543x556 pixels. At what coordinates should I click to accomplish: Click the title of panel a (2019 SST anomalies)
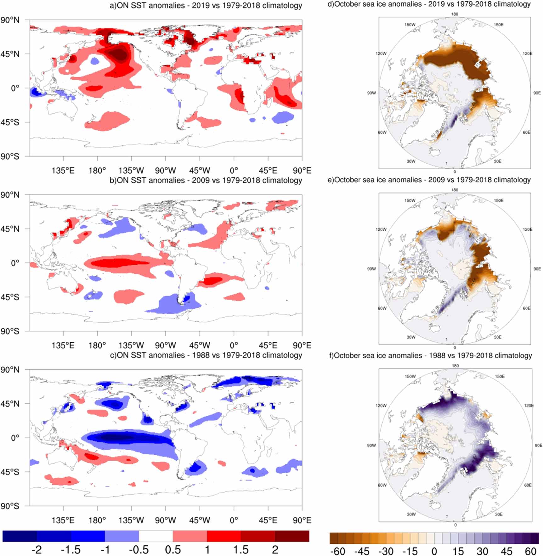point(206,5)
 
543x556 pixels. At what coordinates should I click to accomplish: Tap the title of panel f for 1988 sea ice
point(430,355)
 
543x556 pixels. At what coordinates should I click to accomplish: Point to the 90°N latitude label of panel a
point(10,20)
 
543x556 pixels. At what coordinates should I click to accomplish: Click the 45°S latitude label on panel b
point(10,297)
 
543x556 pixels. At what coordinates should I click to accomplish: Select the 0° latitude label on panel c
point(15,437)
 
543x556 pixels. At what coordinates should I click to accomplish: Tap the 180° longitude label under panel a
point(97,171)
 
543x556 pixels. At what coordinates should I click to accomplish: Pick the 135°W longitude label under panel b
point(131,345)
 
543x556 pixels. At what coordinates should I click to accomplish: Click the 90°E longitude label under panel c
point(302,520)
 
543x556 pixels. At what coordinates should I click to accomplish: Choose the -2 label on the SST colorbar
point(37,550)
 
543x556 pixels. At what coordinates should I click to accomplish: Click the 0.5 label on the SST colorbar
point(173,550)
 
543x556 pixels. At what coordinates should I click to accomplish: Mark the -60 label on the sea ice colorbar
point(337,551)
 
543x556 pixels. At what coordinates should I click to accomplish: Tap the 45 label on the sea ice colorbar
point(506,551)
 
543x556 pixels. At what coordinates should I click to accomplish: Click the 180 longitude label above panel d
point(455,14)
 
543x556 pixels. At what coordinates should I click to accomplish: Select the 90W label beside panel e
point(371,269)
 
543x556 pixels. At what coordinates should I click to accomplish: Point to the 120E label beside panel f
point(529,405)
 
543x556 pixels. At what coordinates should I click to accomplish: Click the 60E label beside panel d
point(526,132)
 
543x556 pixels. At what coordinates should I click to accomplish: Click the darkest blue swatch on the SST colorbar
point(20,536)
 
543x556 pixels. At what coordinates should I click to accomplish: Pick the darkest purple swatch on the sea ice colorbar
point(535,538)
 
